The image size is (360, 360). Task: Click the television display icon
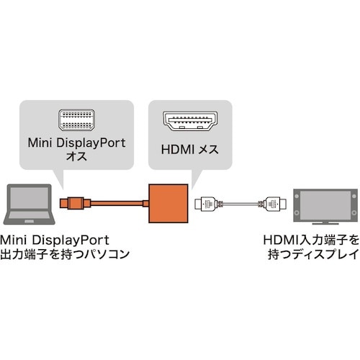[328, 204]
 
